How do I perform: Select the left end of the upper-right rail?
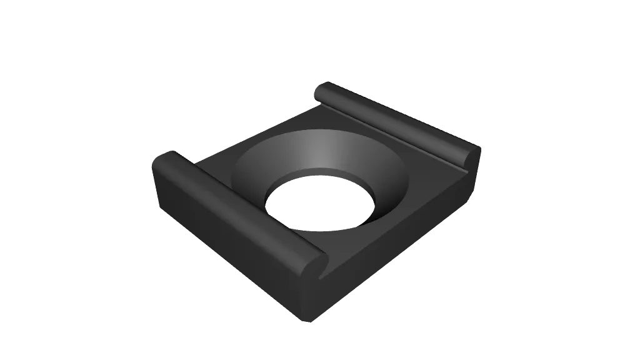(x=321, y=92)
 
